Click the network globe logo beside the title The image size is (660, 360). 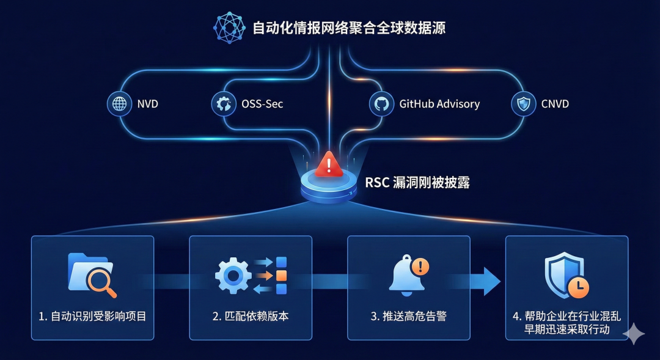pos(229,28)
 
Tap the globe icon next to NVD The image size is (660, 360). pos(120,104)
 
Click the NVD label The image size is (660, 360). pos(147,104)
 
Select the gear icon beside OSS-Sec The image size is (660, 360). pos(224,104)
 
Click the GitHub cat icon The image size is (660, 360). pos(381,104)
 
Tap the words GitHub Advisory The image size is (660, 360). pos(439,104)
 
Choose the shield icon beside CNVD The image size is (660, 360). pos(523,104)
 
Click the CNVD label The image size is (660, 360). pos(555,104)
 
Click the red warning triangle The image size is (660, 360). pos(329,164)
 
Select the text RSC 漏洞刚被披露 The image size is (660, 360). pos(417,182)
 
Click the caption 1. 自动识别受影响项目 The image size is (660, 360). pos(92,316)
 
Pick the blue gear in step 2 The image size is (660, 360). pos(233,276)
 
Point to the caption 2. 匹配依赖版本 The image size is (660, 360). pos(251,316)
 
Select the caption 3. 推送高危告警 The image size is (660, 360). pos(409,316)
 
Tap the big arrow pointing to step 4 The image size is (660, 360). pos(487,280)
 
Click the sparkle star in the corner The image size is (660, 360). pos(634,334)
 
